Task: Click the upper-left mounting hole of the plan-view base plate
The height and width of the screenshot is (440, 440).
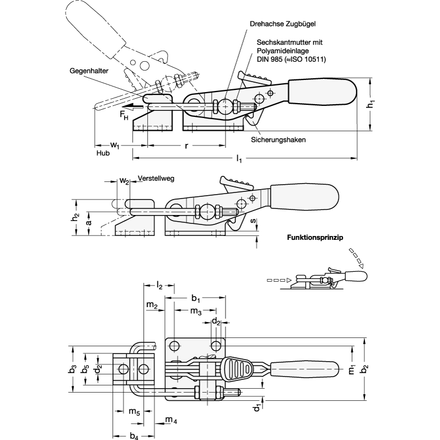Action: tap(175, 346)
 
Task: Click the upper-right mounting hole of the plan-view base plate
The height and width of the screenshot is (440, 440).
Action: tap(214, 346)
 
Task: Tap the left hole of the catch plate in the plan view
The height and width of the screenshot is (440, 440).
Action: tap(124, 369)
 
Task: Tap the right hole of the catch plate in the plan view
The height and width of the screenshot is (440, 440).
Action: tap(143, 369)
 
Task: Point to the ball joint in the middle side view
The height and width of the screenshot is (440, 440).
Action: tap(208, 211)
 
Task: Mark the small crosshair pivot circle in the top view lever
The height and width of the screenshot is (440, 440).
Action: tap(270, 93)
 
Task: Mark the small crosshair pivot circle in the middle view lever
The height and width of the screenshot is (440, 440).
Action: tap(253, 198)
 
